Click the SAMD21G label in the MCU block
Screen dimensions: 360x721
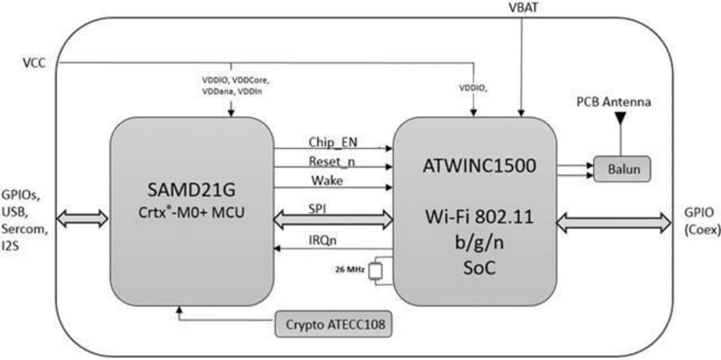pos(192,190)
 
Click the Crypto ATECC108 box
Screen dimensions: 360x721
pos(333,325)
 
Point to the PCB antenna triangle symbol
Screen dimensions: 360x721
pos(620,119)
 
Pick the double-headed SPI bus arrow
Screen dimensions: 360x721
pos(333,218)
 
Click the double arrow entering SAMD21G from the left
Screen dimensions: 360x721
pos(82,218)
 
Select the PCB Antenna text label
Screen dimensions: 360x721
pos(614,104)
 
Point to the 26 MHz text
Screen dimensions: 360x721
pos(347,271)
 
